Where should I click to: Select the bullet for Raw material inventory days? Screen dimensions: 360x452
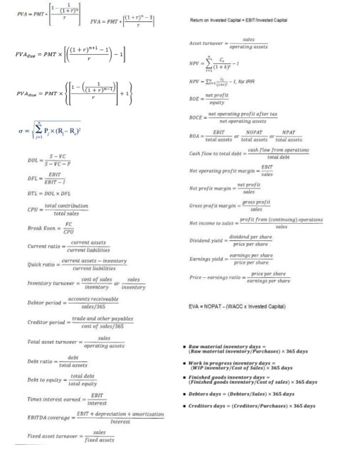coord(183,345)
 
